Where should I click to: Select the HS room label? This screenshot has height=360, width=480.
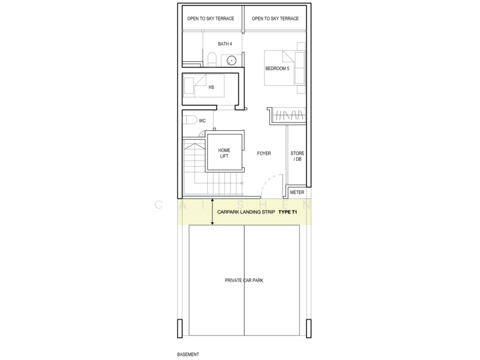pos(211,88)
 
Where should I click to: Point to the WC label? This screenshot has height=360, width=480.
pos(203,121)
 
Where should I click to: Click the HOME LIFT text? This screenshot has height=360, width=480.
pos(224,152)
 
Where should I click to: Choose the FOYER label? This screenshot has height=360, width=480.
pos(263,154)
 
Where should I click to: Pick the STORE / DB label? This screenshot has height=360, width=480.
pos(298,157)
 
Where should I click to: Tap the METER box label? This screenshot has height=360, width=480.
pos(298,193)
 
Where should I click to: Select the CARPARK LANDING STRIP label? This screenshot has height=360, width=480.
pos(246,212)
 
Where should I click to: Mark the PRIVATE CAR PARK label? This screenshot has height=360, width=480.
pos(245,280)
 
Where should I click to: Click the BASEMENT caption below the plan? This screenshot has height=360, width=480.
pos(188,355)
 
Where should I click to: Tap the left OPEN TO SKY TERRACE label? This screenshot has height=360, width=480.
pos(211,19)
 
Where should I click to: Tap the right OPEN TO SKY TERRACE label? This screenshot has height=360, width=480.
pos(275,19)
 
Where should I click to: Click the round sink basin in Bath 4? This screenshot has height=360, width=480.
pos(232,59)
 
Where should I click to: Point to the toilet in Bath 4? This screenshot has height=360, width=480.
pos(211,58)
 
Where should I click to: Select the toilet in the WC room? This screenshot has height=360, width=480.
pos(191,120)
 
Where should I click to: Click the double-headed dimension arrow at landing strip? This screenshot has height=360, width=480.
pos(212,212)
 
